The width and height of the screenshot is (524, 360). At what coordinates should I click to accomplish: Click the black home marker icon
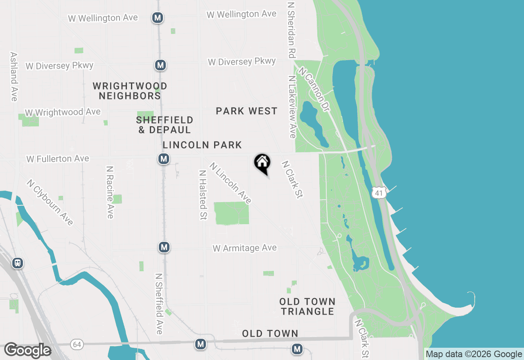pyautogui.click(x=262, y=163)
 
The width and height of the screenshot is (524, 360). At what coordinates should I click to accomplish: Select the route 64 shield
pyautogui.click(x=77, y=344)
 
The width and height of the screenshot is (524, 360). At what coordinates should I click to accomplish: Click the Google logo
pyautogui.click(x=27, y=350)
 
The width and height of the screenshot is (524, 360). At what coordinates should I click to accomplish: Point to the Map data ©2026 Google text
pyautogui.click(x=474, y=354)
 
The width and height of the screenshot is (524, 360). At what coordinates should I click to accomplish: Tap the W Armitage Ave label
pyautogui.click(x=244, y=248)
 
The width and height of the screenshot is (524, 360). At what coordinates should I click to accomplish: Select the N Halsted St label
pyautogui.click(x=202, y=195)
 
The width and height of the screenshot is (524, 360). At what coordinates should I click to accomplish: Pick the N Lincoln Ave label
pyautogui.click(x=230, y=183)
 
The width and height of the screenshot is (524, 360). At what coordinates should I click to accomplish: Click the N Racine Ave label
pyautogui.click(x=110, y=192)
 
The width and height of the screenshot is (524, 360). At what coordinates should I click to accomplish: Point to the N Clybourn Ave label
pyautogui.click(x=50, y=202)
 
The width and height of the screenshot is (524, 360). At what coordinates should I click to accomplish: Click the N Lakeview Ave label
pyautogui.click(x=292, y=107)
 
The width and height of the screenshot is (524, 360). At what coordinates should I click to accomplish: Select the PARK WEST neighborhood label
pyautogui.click(x=246, y=111)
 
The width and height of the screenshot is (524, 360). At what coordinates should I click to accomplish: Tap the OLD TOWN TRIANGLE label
pyautogui.click(x=307, y=306)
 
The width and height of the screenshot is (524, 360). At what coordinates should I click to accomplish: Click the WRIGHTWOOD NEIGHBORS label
pyautogui.click(x=130, y=91)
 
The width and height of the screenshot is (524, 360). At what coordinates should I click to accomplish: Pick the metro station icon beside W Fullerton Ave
pyautogui.click(x=164, y=159)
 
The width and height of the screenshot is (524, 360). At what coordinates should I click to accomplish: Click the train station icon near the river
pyautogui.click(x=17, y=263)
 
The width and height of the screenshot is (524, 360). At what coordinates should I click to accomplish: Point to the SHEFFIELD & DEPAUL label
pyautogui.click(x=165, y=125)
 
